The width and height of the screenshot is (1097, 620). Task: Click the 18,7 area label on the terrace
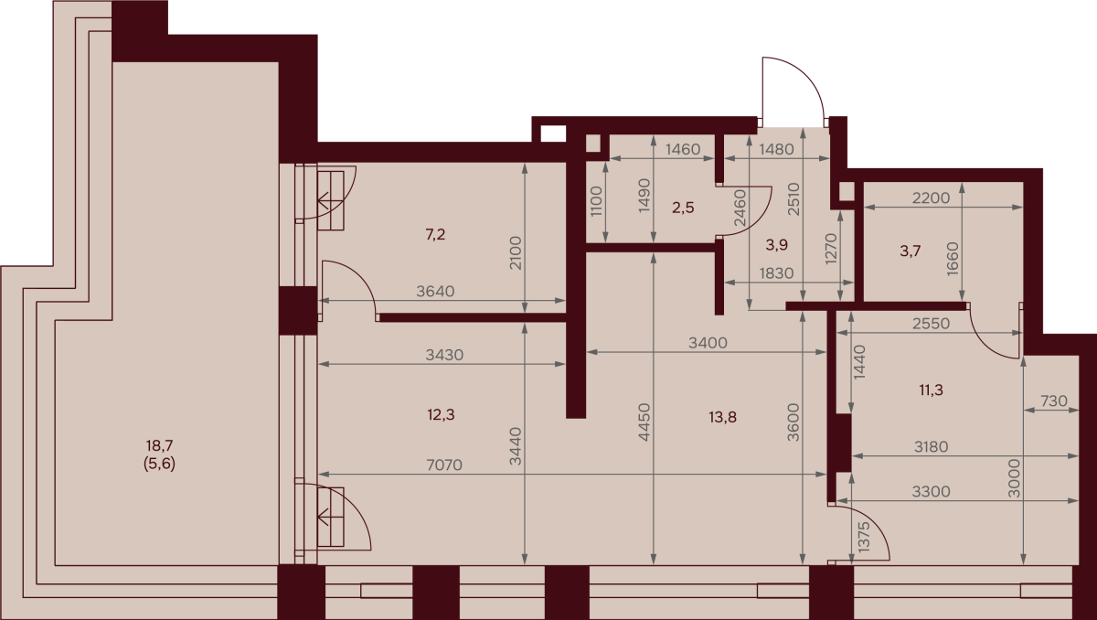coord(160,445)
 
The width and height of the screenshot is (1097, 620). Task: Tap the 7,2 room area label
coord(435,235)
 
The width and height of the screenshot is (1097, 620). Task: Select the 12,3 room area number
coord(441,415)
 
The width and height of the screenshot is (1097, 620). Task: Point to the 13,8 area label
coord(722,417)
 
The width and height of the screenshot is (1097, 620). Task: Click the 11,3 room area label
coord(931,390)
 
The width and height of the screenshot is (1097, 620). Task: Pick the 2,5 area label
coord(683,208)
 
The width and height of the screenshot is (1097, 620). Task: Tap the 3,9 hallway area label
coord(777,244)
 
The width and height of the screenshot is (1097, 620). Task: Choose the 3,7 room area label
coord(910,251)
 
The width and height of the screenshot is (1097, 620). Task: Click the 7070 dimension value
coord(444,465)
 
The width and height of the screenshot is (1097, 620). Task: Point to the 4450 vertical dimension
coord(644,422)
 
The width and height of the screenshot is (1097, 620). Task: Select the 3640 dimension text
coord(435,292)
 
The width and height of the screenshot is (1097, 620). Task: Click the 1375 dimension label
coord(865,538)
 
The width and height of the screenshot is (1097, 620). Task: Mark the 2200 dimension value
coord(931,198)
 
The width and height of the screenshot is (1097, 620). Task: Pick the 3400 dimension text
coord(708,343)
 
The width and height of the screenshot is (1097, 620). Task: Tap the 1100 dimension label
coord(596,201)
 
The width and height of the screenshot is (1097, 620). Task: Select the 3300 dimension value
coord(931,491)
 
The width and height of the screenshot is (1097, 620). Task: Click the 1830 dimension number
coord(776,273)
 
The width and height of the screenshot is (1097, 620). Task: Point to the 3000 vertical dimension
coord(1014,478)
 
